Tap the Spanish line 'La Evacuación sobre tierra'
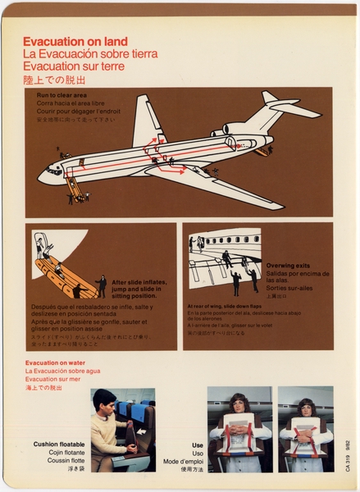point(90,54)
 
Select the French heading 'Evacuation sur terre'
point(74,66)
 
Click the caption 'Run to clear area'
point(62,95)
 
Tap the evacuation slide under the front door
point(75,188)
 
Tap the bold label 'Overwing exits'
point(288,266)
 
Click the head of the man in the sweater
point(103,402)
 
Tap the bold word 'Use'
point(197,444)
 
